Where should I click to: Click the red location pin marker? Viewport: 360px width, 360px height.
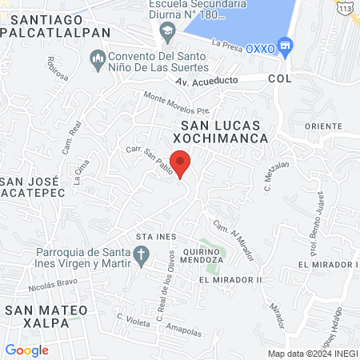pyautogui.click(x=182, y=162)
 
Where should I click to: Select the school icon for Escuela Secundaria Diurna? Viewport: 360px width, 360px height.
pyautogui.click(x=168, y=33)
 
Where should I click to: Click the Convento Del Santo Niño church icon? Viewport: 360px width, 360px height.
pyautogui.click(x=98, y=60)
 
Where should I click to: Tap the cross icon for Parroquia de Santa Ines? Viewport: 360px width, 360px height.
pyautogui.click(x=142, y=256)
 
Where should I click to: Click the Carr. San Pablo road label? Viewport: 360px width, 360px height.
pyautogui.click(x=147, y=155)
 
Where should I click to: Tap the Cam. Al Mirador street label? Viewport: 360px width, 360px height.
pyautogui.click(x=234, y=240)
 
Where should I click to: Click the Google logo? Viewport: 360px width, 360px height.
pyautogui.click(x=26, y=350)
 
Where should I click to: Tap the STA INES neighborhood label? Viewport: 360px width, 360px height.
pyautogui.click(x=155, y=237)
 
